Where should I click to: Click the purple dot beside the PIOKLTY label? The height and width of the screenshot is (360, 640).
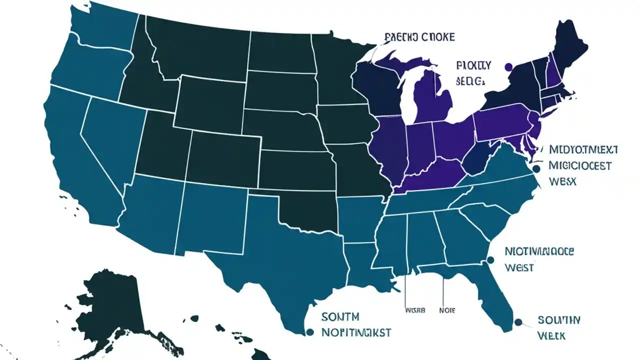coord(508,67)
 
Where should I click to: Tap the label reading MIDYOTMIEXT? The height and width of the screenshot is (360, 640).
coord(583,149)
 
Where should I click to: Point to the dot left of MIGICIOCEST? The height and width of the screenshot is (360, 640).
coord(536,169)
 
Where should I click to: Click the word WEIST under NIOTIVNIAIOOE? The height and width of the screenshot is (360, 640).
coord(519,267)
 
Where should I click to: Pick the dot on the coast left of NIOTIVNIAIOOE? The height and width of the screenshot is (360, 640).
coord(490,259)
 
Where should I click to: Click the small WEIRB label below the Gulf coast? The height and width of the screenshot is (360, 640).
coord(414,310)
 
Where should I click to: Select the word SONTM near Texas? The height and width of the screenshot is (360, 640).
coord(340,317)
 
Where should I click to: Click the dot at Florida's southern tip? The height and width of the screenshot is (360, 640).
coord(518,322)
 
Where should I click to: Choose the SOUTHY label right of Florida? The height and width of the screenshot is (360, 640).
coord(559,319)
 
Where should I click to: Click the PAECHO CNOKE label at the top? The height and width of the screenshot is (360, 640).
coord(419,37)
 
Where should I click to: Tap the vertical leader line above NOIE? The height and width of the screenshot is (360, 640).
coord(444,290)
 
